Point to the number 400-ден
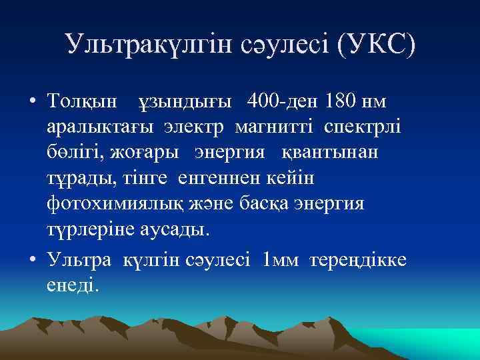(284, 101)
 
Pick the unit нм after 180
(376, 101)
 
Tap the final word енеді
(73, 285)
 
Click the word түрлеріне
(92, 229)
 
